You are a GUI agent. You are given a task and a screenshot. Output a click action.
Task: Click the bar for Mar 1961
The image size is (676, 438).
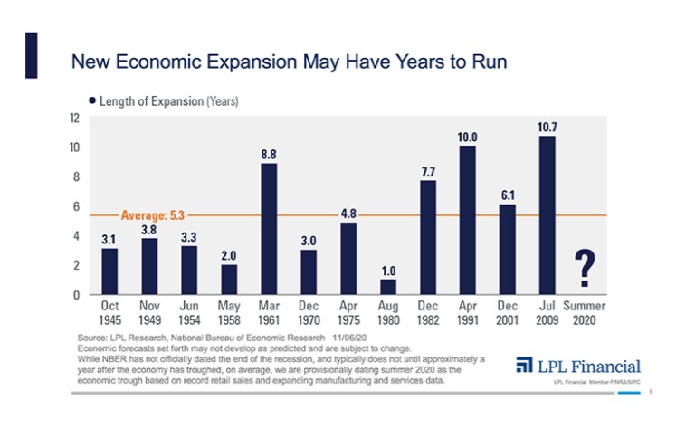(269, 229)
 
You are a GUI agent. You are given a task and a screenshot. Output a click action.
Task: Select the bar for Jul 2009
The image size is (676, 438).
(547, 215)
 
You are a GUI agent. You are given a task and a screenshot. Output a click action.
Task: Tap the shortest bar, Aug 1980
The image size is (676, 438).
(387, 287)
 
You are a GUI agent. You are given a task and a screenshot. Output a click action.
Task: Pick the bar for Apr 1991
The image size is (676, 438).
(468, 220)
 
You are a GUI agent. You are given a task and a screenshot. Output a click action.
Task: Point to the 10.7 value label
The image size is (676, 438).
(547, 128)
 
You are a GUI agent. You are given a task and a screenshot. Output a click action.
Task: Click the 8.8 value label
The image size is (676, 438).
(269, 155)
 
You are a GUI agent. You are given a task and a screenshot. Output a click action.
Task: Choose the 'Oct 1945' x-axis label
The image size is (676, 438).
(109, 313)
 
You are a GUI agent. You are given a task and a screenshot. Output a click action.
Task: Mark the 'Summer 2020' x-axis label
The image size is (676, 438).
(585, 313)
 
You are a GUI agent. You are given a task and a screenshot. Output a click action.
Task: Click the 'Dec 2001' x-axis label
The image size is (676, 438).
(507, 313)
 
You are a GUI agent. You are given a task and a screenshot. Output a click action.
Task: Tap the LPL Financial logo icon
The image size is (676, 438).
(524, 366)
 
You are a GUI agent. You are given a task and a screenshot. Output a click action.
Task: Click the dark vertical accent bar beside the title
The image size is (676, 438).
(31, 55)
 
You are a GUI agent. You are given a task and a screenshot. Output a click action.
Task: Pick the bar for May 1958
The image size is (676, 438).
(229, 280)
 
